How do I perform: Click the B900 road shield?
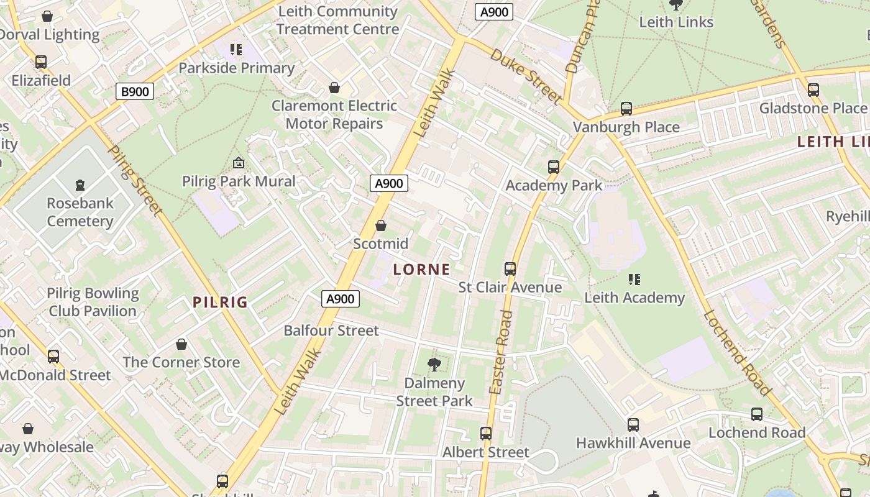click(x=135, y=92)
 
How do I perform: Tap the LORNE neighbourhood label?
click(x=421, y=270)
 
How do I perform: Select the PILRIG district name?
click(x=220, y=303)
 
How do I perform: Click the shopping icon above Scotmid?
click(x=381, y=226)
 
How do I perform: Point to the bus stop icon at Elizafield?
click(x=41, y=62)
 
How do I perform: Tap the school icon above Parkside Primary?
click(x=236, y=49)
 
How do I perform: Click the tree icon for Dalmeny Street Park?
click(x=434, y=364)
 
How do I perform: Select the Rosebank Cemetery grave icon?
click(x=80, y=185)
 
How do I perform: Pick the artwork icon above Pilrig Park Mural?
click(x=238, y=163)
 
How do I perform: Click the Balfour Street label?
click(x=331, y=331)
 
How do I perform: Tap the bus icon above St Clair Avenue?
click(x=510, y=269)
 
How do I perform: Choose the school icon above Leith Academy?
click(x=634, y=280)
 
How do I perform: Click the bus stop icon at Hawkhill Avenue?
click(x=633, y=425)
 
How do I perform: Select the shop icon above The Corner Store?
click(x=181, y=344)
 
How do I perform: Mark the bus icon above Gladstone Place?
click(x=813, y=90)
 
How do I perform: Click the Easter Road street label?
click(x=500, y=352)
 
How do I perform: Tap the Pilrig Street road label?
click(x=135, y=180)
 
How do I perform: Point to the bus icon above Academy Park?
click(x=554, y=167)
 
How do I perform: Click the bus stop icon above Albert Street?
click(x=485, y=434)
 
